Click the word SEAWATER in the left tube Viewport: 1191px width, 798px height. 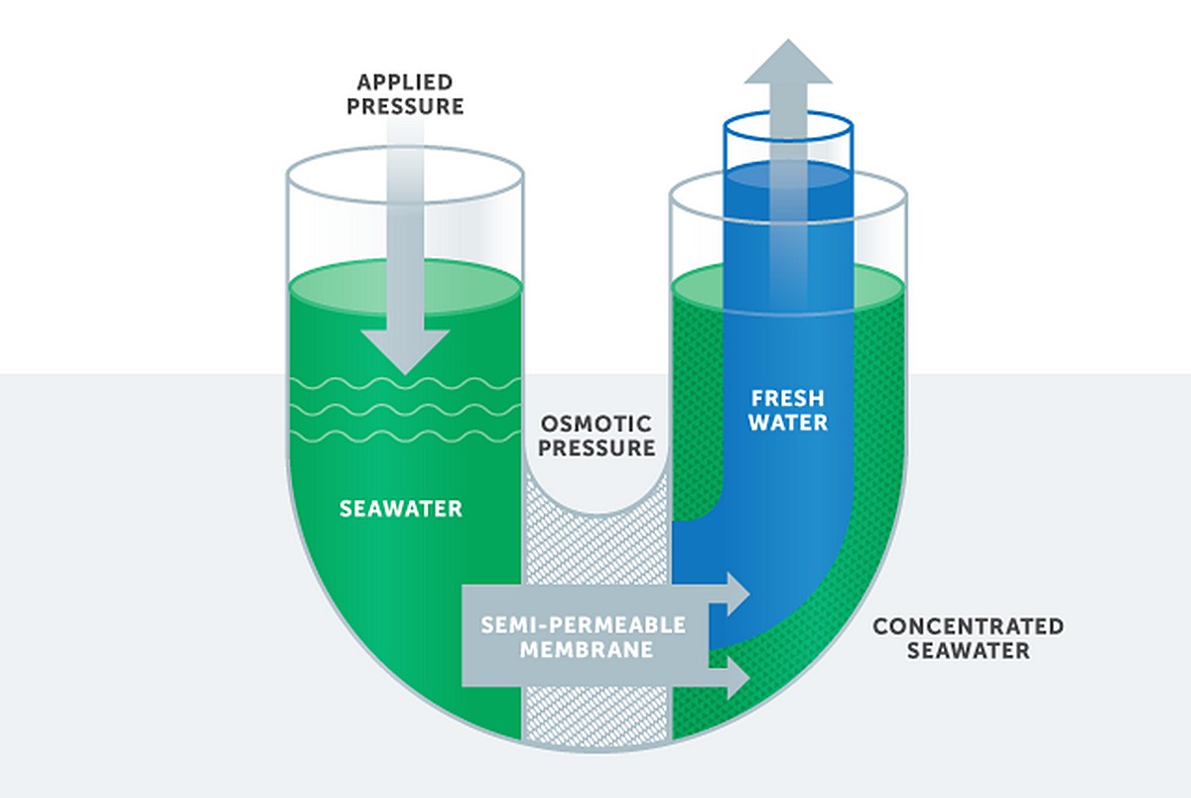(x=401, y=509)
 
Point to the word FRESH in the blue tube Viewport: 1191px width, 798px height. (x=787, y=398)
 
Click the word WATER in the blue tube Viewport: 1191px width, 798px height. (x=787, y=423)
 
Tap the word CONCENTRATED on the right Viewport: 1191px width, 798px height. (x=968, y=626)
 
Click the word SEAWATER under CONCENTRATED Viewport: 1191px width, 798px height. (x=968, y=651)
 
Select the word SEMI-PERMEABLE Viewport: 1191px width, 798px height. (x=584, y=625)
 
